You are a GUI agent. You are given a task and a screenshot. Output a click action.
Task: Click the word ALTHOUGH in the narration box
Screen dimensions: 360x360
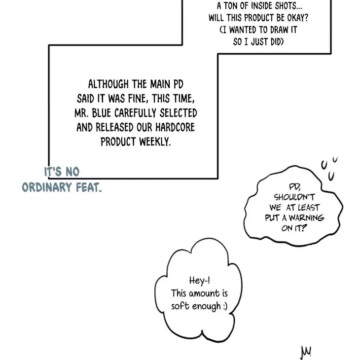[x=108, y=84]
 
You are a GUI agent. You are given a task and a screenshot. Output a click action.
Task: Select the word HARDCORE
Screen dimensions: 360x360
[x=175, y=127]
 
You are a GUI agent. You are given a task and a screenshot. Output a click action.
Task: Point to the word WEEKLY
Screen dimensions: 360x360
[x=155, y=142]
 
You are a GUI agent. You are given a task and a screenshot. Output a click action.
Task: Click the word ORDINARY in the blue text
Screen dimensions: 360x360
[x=47, y=187]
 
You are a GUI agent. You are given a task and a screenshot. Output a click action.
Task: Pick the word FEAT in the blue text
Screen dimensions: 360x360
[x=89, y=187]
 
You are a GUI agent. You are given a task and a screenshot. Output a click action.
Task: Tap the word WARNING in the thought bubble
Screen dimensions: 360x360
[x=306, y=217]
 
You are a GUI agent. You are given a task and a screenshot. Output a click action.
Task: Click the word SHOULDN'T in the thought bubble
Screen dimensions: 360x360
[x=294, y=197]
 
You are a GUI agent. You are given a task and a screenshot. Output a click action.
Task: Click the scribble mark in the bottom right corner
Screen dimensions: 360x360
[x=306, y=352]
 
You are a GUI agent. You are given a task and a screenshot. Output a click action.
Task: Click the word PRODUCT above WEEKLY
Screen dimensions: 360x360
[x=118, y=142]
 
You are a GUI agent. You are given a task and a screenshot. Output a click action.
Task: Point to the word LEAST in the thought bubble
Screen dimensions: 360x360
[x=308, y=208]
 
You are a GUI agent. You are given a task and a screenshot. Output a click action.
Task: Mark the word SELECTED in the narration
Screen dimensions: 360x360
[x=179, y=113]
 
